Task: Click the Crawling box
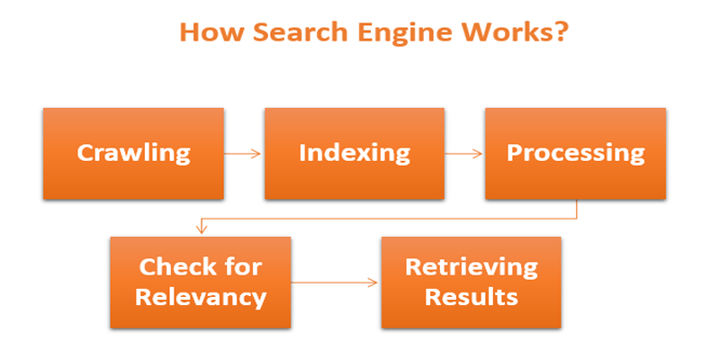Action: pyautogui.click(x=133, y=153)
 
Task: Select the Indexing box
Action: pyautogui.click(x=354, y=153)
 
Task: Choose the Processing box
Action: pyautogui.click(x=575, y=153)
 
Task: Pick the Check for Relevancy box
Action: pyautogui.click(x=201, y=282)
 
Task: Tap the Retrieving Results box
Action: pyautogui.click(x=471, y=282)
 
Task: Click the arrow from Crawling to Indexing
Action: pyautogui.click(x=243, y=153)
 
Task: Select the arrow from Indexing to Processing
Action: pyautogui.click(x=464, y=153)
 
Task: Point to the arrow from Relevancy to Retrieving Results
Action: pyautogui.click(x=335, y=283)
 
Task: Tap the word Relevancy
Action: pyautogui.click(x=201, y=296)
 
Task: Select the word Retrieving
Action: pyautogui.click(x=471, y=267)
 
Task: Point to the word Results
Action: pyautogui.click(x=471, y=296)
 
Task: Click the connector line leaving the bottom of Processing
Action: pyautogui.click(x=575, y=209)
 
